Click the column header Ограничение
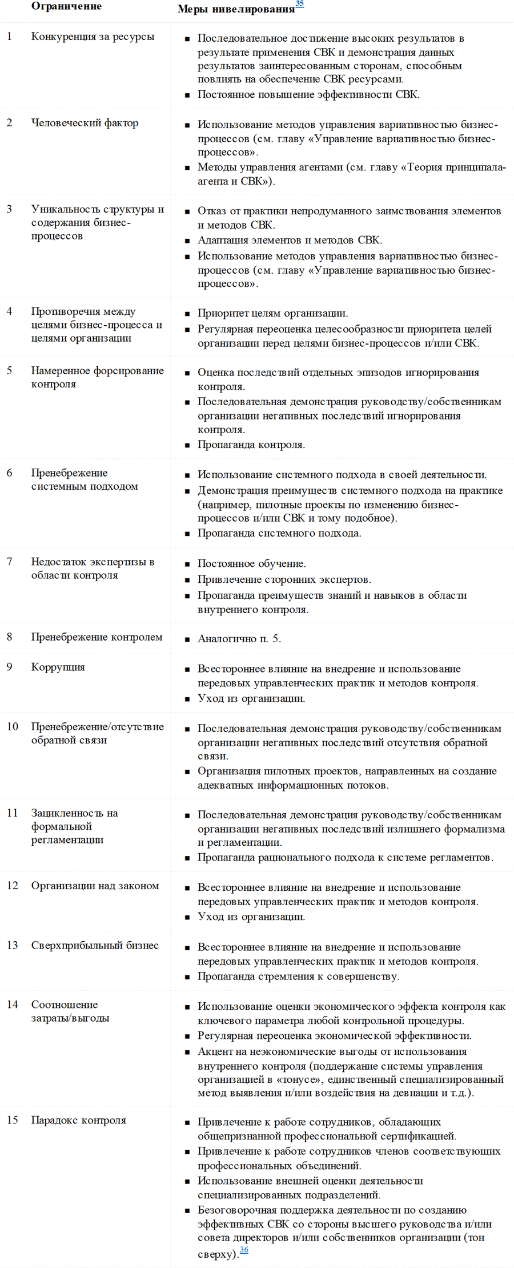pos(66,7)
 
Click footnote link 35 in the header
pos(299,5)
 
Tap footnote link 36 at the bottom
pos(244,1250)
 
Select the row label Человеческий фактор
pos(85,123)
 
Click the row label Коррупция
pos(58,667)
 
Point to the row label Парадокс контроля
pos(78,1121)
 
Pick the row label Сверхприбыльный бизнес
pos(95,946)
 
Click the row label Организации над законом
pos(95,886)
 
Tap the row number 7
pos(9,562)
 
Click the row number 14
pos(12,1005)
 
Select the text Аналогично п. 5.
pos(239,639)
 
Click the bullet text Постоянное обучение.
pos(251,564)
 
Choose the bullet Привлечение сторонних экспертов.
pos(284,580)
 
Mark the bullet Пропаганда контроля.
pos(251,445)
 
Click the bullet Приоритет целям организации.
pos(272,314)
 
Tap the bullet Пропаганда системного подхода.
pos(279,534)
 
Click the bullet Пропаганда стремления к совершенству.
pos(298,977)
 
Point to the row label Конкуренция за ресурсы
pos(93,37)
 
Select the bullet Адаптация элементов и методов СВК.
pos(290,241)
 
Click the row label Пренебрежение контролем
pos(97,638)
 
